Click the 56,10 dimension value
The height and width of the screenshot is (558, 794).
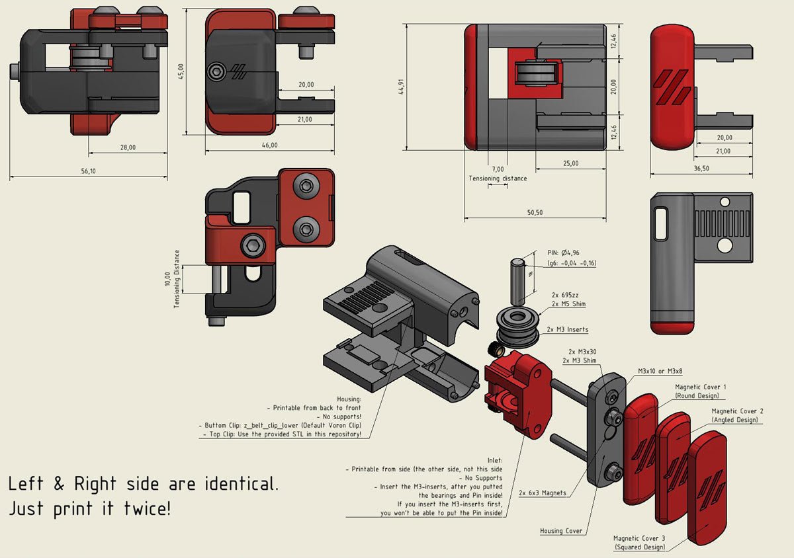click(x=89, y=171)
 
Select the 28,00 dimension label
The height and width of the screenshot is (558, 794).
click(x=128, y=147)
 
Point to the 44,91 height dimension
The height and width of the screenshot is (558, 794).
click(x=400, y=87)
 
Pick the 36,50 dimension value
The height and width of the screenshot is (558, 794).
click(x=701, y=169)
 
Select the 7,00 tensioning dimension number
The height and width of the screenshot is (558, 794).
click(x=498, y=170)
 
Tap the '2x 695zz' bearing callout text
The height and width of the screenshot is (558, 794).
click(x=567, y=295)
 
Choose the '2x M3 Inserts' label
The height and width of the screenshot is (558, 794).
click(x=568, y=329)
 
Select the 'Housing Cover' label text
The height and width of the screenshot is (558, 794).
click(x=561, y=531)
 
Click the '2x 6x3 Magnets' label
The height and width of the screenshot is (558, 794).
click(x=543, y=493)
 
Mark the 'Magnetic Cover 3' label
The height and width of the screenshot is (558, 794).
click(x=639, y=538)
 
